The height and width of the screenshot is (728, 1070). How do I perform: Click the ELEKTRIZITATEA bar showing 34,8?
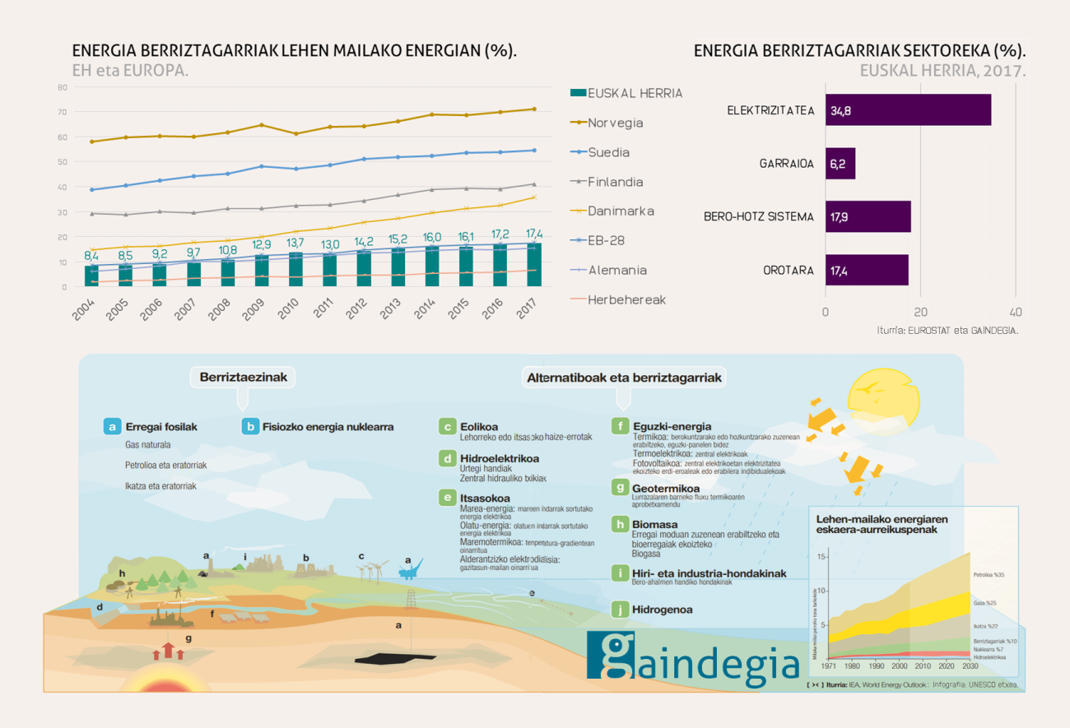pos(908,110)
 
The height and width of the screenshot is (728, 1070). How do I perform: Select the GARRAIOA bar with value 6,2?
pos(840,164)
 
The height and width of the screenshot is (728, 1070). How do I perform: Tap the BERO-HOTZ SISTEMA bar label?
pos(759,217)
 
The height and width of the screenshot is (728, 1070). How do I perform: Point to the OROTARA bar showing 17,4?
pos(867,270)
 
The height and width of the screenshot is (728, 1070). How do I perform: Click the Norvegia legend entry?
pos(615,123)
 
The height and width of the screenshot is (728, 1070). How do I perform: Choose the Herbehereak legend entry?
pos(626,299)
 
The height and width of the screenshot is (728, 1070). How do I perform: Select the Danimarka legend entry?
pos(621,211)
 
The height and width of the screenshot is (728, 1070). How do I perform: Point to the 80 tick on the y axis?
pos(63,86)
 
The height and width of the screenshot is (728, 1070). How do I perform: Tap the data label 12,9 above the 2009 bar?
pos(262,244)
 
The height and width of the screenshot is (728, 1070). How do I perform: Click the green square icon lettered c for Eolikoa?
pos(448,426)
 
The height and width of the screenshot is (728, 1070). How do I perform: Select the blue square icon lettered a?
pos(112,427)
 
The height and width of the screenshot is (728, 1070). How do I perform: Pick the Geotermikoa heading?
pos(666,489)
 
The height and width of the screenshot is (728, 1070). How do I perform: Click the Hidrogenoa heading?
pos(662,610)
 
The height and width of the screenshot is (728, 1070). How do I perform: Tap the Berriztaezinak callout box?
pos(242,378)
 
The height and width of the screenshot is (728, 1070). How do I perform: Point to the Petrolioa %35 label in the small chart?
pos(990,575)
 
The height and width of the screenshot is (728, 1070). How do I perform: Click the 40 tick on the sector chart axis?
pos(1016,313)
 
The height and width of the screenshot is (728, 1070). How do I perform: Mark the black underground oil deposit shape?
pos(394,657)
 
